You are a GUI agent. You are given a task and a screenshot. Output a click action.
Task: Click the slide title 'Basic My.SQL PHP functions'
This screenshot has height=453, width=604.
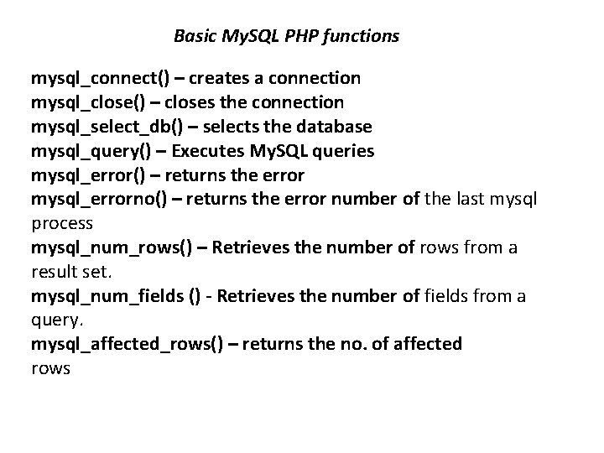286,36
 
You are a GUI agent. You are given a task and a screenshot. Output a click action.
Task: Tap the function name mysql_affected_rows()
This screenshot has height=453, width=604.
128,345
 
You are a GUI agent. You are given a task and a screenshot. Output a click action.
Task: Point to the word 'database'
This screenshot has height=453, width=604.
336,128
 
